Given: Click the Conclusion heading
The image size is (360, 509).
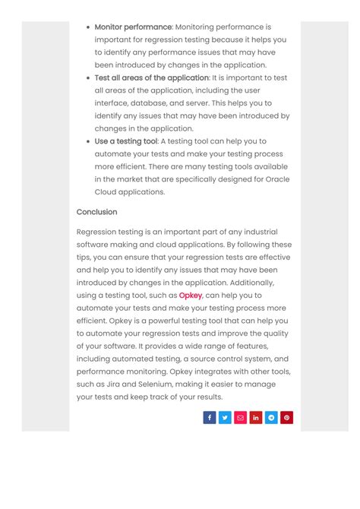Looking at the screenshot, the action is [x=96, y=212].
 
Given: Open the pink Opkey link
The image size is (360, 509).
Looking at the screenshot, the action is [x=190, y=296].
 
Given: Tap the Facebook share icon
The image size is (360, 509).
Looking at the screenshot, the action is [x=210, y=417].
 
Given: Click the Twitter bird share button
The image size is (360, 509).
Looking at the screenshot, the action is [x=225, y=417].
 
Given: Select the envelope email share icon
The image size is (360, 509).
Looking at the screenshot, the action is [x=240, y=417].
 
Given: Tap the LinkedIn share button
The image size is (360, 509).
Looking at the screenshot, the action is [x=256, y=417].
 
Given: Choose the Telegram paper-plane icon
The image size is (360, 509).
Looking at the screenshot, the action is [x=271, y=417].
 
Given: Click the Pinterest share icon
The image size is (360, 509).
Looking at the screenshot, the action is [x=286, y=417].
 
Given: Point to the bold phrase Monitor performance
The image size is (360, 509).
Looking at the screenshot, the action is [x=133, y=27].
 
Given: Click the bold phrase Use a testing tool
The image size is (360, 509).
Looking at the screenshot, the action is [x=125, y=141].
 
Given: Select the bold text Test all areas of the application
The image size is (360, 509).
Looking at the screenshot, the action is [x=151, y=77].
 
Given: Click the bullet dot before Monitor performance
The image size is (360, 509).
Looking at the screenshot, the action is [x=88, y=27].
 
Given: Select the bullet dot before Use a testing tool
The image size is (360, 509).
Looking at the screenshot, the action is [x=88, y=142].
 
